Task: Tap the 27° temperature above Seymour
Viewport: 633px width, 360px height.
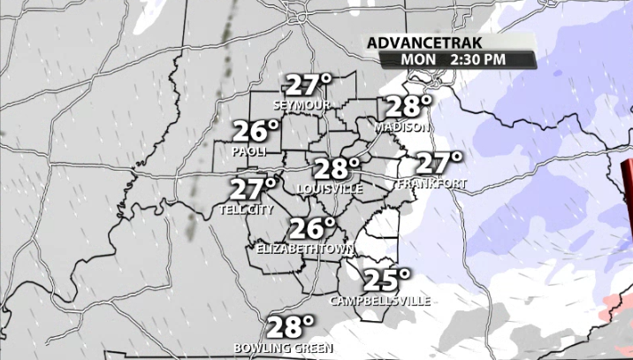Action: point(308,87)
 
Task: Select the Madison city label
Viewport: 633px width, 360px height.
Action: point(401,126)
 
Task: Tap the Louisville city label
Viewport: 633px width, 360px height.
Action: point(330,189)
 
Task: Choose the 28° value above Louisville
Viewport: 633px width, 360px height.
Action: point(337,169)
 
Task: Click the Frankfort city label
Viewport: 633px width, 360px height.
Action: point(431,184)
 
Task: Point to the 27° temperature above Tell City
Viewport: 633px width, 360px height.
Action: point(253,189)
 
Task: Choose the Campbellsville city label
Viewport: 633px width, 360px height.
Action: point(380,301)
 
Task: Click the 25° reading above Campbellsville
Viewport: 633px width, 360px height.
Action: point(387,280)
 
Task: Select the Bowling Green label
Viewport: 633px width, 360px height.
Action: point(283,348)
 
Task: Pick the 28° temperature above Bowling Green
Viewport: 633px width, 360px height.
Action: point(291,327)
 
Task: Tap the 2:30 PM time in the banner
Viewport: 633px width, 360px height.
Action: point(477,59)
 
